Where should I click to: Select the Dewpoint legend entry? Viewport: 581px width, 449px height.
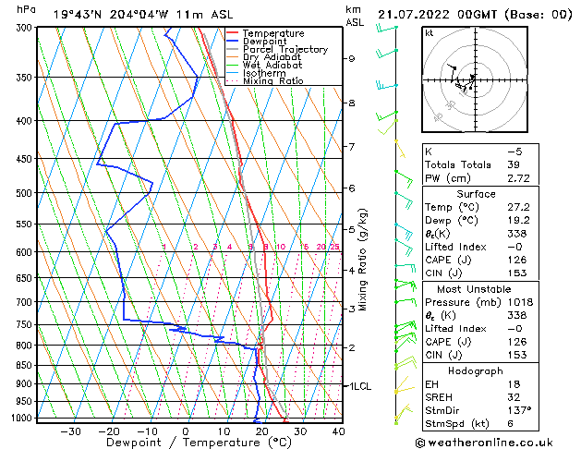coord(265,42)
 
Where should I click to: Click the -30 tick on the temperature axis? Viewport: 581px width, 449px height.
coord(70,431)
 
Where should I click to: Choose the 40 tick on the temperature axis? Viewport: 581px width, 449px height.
coord(338,431)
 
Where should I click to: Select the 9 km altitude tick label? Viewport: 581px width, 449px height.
coord(352,58)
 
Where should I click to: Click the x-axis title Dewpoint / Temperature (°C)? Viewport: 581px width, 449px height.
coord(185,443)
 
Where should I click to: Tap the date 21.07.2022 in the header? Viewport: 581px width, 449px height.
coord(412,14)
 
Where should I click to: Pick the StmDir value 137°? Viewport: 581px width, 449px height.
coord(521,410)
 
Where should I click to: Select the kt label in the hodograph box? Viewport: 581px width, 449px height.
coord(430,33)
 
